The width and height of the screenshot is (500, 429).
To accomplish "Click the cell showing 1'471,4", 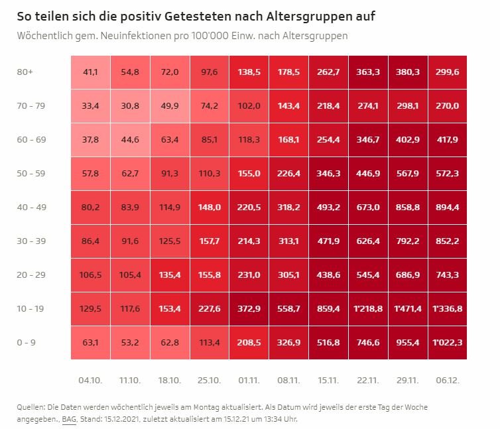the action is tap(408, 309).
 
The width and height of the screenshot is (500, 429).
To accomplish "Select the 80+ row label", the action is tap(25, 72).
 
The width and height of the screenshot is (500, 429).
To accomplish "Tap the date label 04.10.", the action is tap(90, 380).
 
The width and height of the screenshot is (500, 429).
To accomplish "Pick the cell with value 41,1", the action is tap(91, 72).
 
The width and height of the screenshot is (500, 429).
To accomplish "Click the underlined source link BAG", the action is tap(69, 419).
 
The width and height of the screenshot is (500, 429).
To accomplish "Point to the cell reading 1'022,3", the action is tap(448, 343).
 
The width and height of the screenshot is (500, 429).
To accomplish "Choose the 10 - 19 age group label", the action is tap(31, 309).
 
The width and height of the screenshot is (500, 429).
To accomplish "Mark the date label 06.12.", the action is tap(448, 380).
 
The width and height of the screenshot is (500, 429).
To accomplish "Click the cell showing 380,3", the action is tap(408, 72).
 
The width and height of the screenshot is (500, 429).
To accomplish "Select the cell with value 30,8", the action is tap(130, 106).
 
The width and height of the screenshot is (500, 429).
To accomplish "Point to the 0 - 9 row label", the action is tap(26, 343).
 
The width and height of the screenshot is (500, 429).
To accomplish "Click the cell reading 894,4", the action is tap(448, 208).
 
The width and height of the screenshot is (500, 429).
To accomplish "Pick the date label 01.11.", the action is tap(249, 380).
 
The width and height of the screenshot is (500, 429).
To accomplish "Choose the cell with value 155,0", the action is tap(249, 174).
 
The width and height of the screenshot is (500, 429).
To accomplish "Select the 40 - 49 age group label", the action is tap(32, 208).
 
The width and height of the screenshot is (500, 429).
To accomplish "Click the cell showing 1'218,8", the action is tap(368, 309).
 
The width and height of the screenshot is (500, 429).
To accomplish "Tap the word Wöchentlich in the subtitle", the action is tap(45, 36).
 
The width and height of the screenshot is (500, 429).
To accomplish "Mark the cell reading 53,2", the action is tap(130, 343).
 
